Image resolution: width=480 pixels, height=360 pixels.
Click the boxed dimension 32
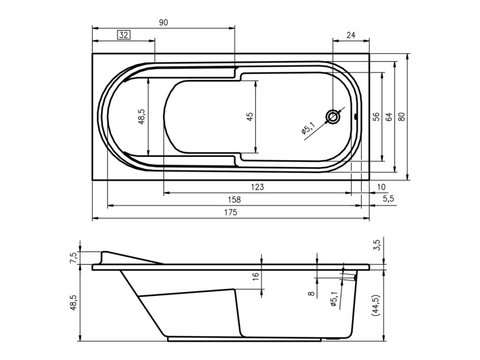123,35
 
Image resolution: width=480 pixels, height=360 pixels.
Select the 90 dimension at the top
164,22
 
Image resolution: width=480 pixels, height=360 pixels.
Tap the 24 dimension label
351,35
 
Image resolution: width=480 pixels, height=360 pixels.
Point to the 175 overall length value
231,212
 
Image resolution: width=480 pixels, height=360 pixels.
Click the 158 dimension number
234,200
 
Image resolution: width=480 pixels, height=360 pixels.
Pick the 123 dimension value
257,187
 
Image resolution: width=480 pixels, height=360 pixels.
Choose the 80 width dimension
402,117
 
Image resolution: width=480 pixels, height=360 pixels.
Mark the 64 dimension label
389,117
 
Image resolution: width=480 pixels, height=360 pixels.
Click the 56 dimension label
376,117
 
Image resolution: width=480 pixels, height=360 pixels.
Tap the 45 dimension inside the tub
250,117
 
